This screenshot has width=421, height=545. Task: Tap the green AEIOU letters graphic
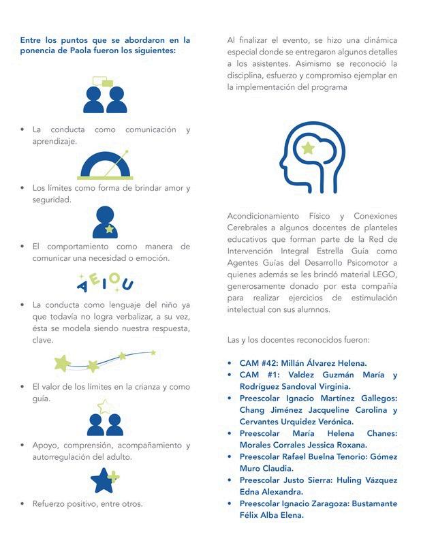coord(106,281)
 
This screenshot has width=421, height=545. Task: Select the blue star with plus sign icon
coord(105,480)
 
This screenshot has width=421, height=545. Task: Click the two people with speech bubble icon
coord(105,95)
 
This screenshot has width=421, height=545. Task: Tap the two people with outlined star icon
coord(105,418)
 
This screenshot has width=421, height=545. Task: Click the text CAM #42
coord(258,363)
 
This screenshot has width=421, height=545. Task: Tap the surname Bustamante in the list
coord(369,503)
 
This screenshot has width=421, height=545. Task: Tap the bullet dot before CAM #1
coord(231,375)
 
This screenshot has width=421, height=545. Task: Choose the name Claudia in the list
coord(277,468)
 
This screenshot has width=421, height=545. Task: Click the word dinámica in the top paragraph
coord(374,41)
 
